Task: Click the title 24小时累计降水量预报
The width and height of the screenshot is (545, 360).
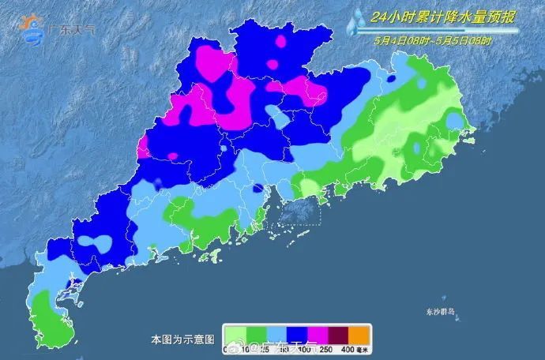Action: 447,14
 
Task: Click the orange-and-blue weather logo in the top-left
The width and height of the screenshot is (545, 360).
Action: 34,28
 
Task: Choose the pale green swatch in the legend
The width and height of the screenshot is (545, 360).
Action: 234,332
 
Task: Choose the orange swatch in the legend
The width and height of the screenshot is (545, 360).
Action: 360,332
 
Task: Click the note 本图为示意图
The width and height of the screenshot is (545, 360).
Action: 182,339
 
